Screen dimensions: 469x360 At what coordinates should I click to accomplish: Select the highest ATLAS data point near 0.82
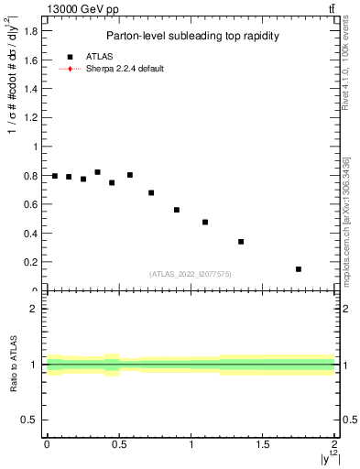[x=97, y=172]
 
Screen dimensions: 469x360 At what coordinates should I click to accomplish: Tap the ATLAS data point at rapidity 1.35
[x=241, y=242]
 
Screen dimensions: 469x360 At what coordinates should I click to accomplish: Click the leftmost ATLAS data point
[x=54, y=176]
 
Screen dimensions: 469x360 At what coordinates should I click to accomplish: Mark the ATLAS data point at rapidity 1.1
[x=205, y=222]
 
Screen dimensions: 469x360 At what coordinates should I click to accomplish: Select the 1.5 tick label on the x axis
[x=263, y=445]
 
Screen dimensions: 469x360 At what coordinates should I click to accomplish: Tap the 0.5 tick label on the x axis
[x=119, y=445]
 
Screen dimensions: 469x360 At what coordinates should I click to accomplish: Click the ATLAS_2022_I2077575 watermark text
[x=191, y=274]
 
